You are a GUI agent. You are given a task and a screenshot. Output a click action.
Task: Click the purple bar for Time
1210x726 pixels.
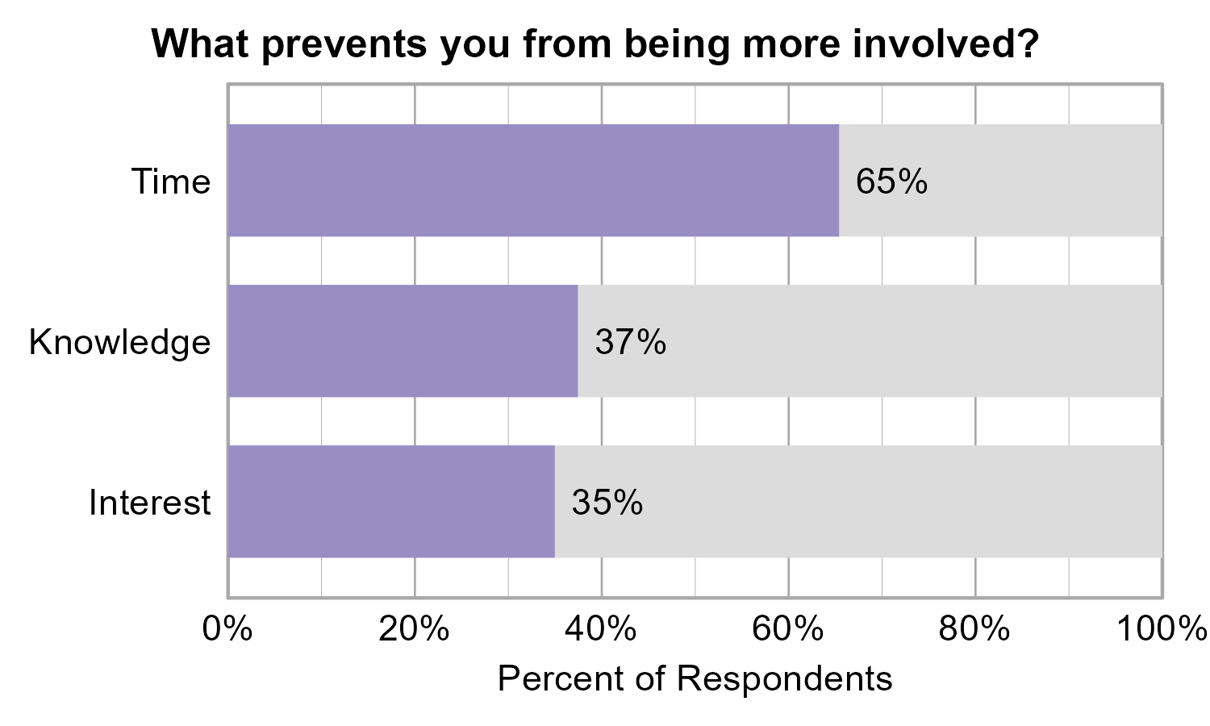click(533, 181)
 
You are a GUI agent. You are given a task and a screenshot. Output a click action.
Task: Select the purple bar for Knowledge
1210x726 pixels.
click(403, 341)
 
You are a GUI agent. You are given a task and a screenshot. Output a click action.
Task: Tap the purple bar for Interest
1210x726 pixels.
click(391, 501)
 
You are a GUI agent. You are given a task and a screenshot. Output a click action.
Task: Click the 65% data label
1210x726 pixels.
click(891, 181)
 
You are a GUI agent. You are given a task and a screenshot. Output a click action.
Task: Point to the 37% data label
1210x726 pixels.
click(630, 342)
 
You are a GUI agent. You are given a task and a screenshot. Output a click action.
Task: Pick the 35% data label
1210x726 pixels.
click(607, 502)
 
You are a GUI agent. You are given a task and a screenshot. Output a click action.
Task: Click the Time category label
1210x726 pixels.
click(171, 181)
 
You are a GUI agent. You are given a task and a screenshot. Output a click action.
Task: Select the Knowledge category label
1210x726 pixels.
click(119, 342)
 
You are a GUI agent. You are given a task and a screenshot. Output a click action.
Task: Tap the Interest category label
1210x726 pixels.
click(149, 502)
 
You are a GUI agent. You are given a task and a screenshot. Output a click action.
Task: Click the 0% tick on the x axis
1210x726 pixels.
click(227, 628)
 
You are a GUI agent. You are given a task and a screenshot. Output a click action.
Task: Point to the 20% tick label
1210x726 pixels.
click(414, 628)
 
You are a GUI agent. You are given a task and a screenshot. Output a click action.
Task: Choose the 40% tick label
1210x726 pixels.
click(601, 628)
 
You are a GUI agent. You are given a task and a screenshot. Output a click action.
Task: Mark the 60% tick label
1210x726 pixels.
click(788, 628)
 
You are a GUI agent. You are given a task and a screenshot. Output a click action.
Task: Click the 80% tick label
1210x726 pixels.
click(974, 628)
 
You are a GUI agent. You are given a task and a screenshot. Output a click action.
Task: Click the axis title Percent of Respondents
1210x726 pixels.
click(695, 678)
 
